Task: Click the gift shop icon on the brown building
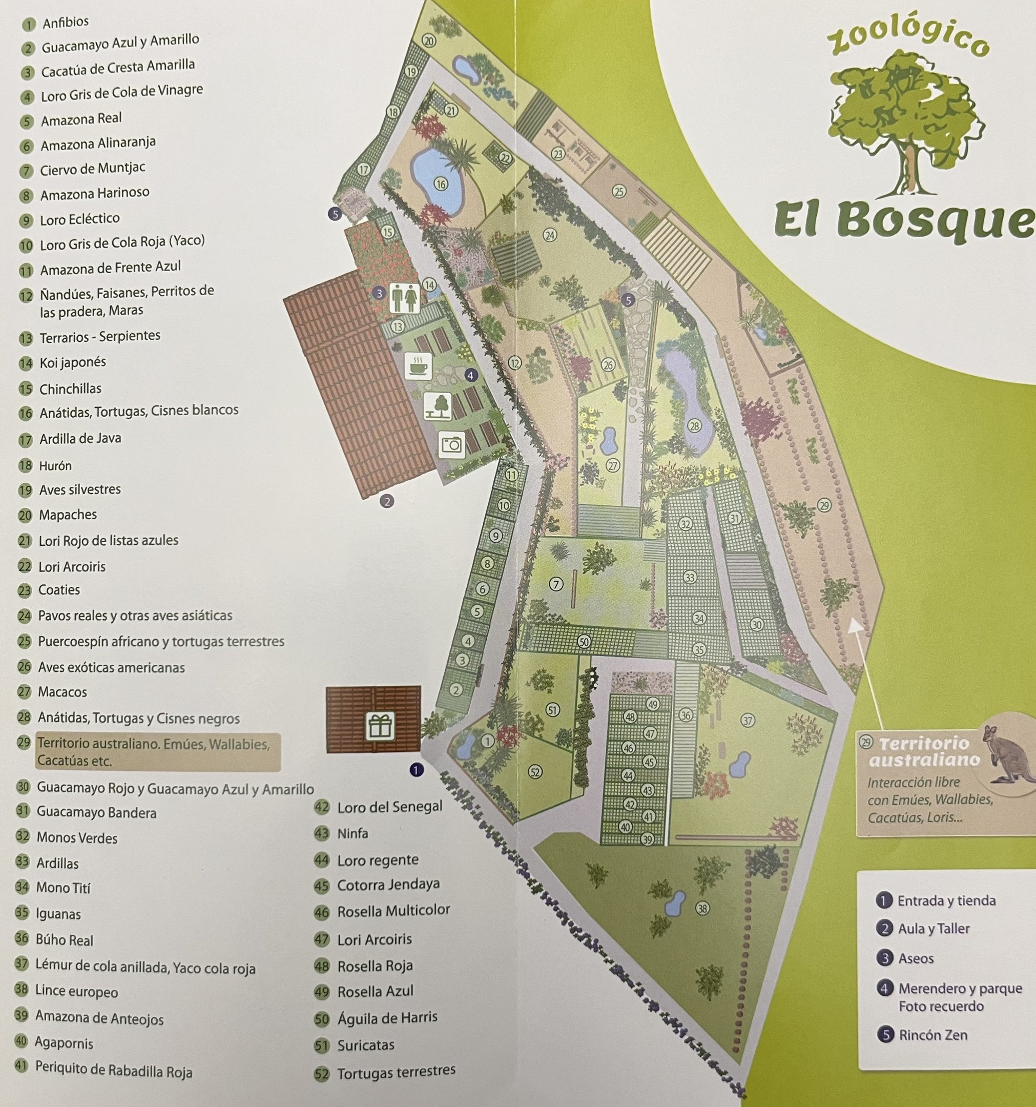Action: click(381, 726)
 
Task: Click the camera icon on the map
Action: click(451, 444)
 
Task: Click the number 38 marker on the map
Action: click(702, 909)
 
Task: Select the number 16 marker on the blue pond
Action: click(441, 184)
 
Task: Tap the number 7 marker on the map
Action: click(555, 584)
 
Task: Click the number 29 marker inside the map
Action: click(824, 506)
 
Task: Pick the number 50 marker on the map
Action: click(584, 642)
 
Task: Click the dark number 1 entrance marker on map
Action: click(416, 770)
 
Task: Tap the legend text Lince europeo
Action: click(76, 991)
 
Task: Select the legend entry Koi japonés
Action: click(72, 362)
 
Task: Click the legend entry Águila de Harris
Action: click(387, 1018)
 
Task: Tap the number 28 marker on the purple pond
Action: click(694, 426)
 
